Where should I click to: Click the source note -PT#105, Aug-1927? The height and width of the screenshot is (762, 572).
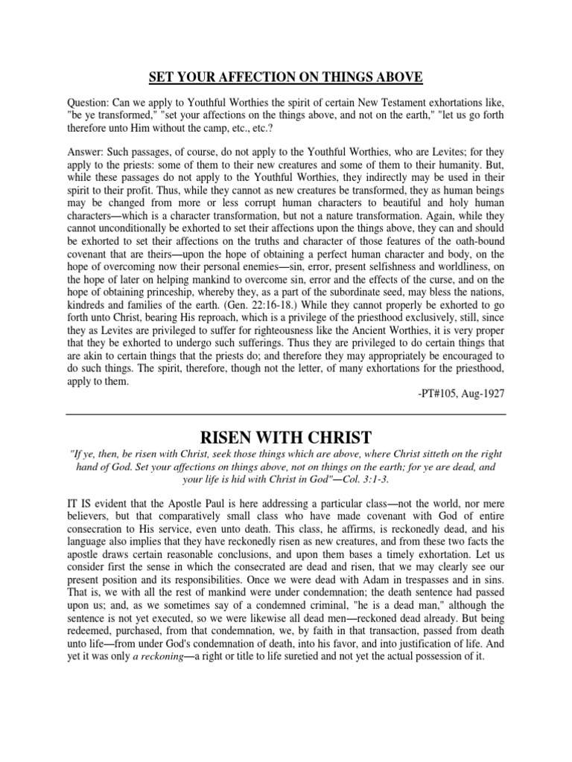click(x=462, y=391)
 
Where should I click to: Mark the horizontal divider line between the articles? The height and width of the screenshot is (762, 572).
click(x=286, y=414)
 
